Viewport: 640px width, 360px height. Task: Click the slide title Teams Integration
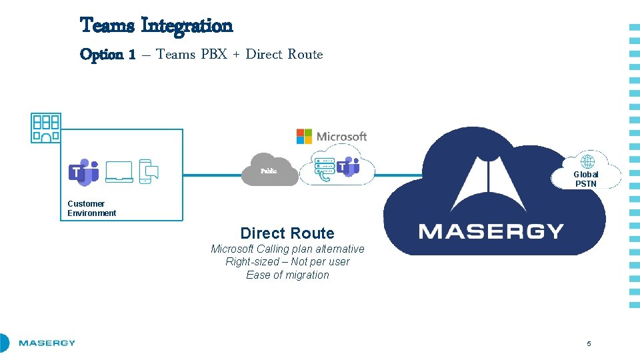[x=156, y=26]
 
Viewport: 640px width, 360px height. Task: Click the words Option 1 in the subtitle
[x=107, y=55]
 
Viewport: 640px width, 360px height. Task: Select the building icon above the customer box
[x=45, y=127]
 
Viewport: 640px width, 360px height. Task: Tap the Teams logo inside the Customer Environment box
[x=83, y=172]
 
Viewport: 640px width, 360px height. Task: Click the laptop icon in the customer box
[x=119, y=172]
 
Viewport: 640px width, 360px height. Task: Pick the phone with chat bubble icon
[x=148, y=172]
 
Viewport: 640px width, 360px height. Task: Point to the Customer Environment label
[x=91, y=209]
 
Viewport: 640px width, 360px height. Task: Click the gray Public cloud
[x=269, y=171]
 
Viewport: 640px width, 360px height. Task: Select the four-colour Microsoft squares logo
[x=304, y=137]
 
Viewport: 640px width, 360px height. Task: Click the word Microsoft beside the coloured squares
[x=341, y=137]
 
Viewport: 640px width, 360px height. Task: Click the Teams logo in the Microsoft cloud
[x=348, y=167]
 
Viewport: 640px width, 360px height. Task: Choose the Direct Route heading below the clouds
[x=287, y=233]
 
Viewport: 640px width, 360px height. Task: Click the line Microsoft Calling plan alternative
[x=287, y=249]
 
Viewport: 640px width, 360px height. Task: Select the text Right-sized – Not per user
[x=287, y=262]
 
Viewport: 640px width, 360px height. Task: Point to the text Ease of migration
[x=287, y=275]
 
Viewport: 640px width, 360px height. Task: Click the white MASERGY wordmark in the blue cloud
[x=491, y=231]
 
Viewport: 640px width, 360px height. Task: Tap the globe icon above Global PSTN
[x=587, y=162]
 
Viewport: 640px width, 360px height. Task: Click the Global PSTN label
[x=586, y=179]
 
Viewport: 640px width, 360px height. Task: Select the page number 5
[x=589, y=343]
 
